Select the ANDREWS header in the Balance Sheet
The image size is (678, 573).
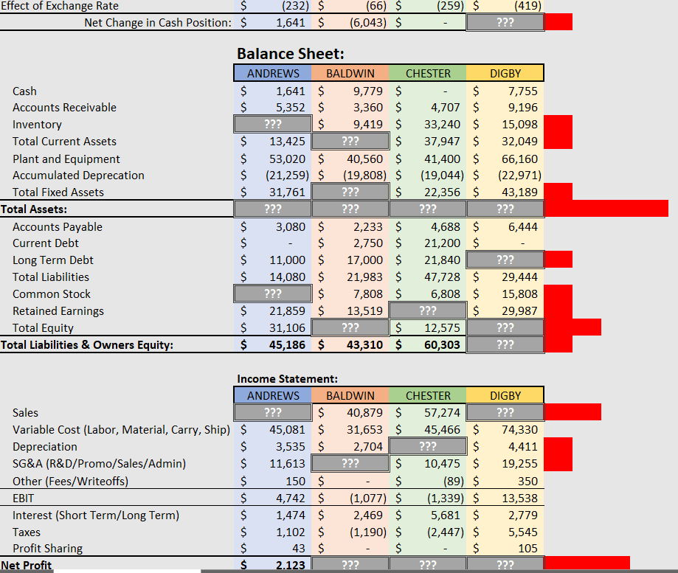coord(273,73)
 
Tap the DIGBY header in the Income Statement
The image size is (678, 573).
coord(505,395)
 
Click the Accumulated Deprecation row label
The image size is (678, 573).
coord(78,176)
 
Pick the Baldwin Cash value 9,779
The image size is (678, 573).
coord(367,91)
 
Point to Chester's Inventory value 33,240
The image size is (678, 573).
coord(446,125)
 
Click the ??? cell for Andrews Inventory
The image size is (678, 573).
coord(273,125)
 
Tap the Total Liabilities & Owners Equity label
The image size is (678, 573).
coord(87,344)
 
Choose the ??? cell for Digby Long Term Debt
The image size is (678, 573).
coord(505,260)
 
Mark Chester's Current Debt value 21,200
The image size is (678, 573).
coord(446,243)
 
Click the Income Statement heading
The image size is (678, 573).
coord(286,378)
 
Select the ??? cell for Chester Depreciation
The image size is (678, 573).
coord(428,446)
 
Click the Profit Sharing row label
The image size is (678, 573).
coord(47,548)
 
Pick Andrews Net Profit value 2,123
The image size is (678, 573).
coord(291,565)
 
